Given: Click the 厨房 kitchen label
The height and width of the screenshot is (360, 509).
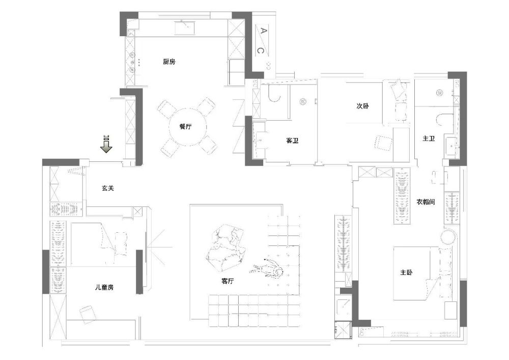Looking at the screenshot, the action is coord(169,61).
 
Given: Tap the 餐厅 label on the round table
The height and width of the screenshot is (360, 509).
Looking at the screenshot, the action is coord(185,127).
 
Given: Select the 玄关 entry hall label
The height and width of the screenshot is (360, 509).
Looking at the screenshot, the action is coord(108,188).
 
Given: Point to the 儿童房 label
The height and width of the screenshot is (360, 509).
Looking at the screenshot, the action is coord(104,287).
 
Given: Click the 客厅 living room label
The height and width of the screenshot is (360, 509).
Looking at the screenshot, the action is coord(227,281).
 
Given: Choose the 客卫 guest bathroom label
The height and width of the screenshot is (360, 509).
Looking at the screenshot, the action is coord(292,141).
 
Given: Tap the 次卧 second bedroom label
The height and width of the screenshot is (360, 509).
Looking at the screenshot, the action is coord(362,106).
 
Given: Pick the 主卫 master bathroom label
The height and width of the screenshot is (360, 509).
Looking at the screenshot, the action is coord(429,139).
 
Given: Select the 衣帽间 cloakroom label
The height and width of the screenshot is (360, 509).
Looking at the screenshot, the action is coord(426,202).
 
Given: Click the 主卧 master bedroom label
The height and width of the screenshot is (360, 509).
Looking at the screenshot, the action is coord(406,272).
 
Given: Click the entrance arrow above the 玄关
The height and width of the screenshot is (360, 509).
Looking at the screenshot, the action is coord(106,144).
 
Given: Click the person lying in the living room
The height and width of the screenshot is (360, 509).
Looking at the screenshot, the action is coord(266,268).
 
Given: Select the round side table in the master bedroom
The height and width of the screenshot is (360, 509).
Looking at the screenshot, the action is coord(448,236).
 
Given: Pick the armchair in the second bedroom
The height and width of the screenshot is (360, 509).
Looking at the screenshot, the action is coord(384,143).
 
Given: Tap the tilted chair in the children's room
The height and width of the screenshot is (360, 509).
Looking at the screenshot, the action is coord(87,315).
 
